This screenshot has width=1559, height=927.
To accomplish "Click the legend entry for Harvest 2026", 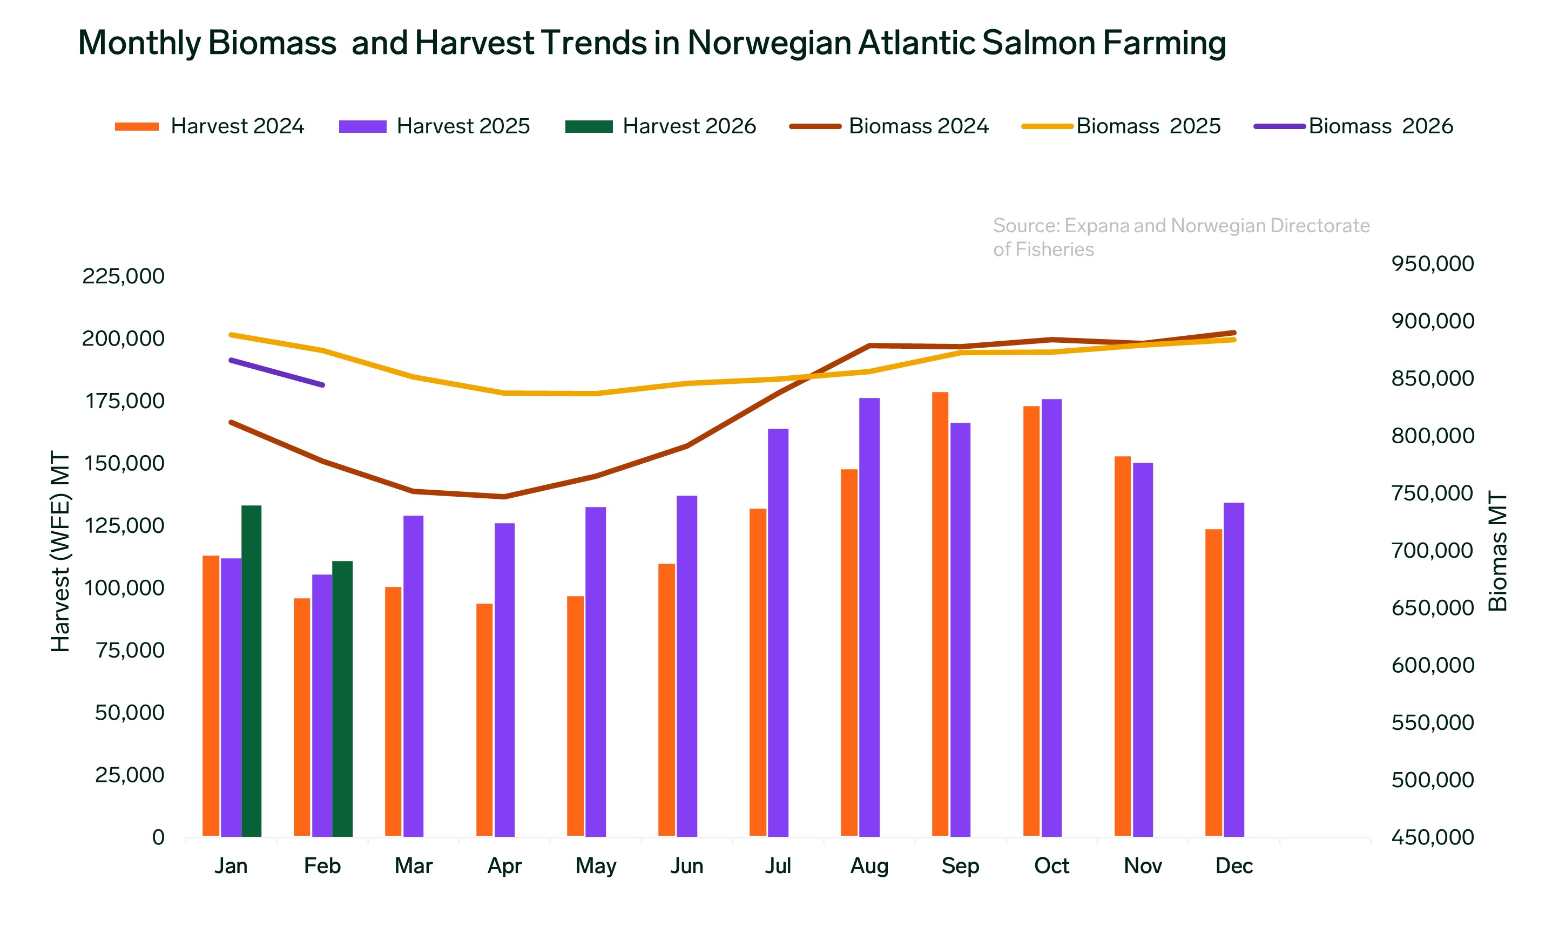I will (661, 126).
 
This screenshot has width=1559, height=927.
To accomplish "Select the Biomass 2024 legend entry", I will (889, 126).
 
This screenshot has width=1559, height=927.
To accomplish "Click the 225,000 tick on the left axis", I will (123, 276).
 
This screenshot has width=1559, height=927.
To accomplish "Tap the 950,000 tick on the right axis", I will (1432, 263).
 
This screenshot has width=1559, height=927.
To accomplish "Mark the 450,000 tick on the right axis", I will (1432, 837).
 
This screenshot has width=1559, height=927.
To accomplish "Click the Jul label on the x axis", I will (778, 866).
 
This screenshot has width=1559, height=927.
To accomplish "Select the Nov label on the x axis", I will (1143, 866).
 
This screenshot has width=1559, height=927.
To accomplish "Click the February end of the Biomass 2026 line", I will (322, 385).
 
